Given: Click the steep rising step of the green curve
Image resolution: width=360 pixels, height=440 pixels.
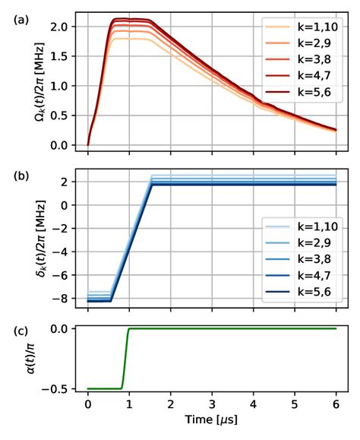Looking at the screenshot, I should pyautogui.click(x=125, y=357).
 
